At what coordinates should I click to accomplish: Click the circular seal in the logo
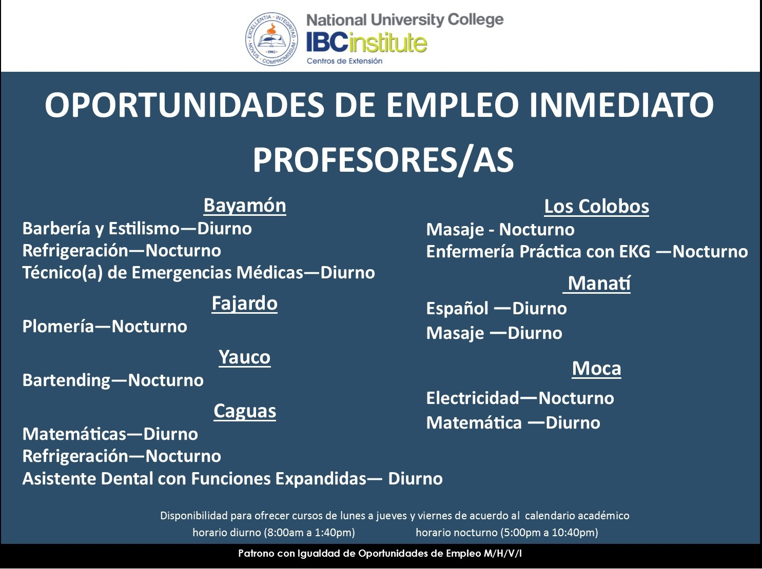pyautogui.click(x=271, y=38)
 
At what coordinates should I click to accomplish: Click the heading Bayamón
pyautogui.click(x=245, y=206)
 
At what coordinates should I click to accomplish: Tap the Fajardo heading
pyautogui.click(x=244, y=303)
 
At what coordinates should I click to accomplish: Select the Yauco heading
pyautogui.click(x=244, y=357)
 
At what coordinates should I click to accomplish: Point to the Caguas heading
pyautogui.click(x=245, y=411)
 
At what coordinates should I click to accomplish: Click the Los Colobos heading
pyautogui.click(x=596, y=207)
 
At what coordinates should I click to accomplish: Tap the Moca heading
pyautogui.click(x=596, y=369)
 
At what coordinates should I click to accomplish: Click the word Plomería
pyautogui.click(x=58, y=327)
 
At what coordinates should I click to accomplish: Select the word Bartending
pyautogui.click(x=66, y=380)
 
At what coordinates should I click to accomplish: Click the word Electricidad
pyautogui.click(x=472, y=398)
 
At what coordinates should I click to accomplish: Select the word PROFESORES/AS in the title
pyautogui.click(x=383, y=160)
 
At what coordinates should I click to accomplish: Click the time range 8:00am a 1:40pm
pyautogui.click(x=309, y=533)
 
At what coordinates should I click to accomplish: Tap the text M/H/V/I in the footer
pyautogui.click(x=502, y=554)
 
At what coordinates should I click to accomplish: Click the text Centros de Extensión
pyautogui.click(x=344, y=61)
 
